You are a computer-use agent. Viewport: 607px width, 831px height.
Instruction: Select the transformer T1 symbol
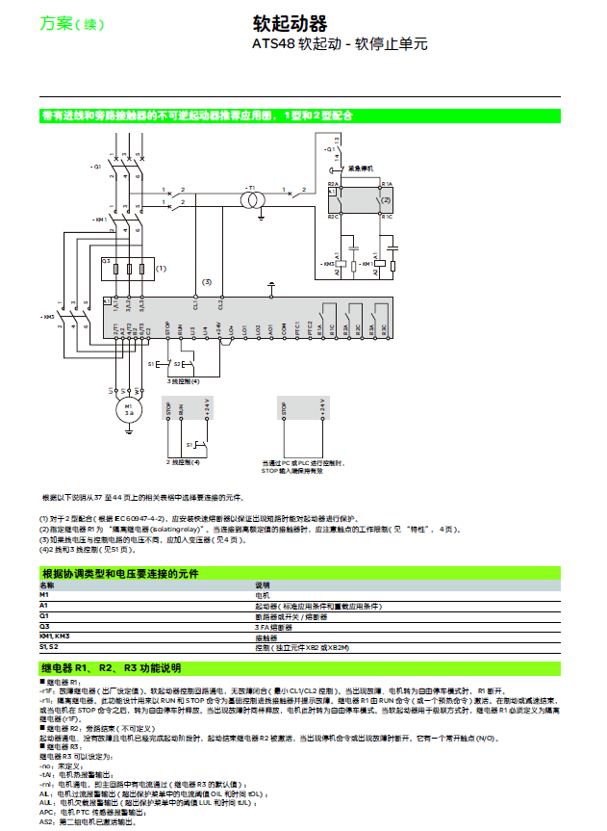(252, 198)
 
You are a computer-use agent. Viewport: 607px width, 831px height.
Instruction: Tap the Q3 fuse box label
(106, 261)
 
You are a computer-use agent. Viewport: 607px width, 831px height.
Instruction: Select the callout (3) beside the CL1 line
(206, 281)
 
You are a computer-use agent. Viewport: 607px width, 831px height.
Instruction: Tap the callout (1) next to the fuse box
(162, 269)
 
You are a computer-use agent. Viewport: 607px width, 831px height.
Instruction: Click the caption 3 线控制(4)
(182, 382)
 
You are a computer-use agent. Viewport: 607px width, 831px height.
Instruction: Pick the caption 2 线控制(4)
(183, 463)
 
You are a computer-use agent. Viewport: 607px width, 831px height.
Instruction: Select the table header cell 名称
(47, 585)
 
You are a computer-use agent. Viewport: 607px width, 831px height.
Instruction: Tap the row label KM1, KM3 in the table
(53, 636)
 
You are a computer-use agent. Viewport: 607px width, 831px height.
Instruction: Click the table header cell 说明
(262, 585)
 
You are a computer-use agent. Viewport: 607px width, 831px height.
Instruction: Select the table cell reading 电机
(261, 596)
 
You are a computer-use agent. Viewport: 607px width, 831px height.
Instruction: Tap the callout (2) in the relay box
(387, 199)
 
